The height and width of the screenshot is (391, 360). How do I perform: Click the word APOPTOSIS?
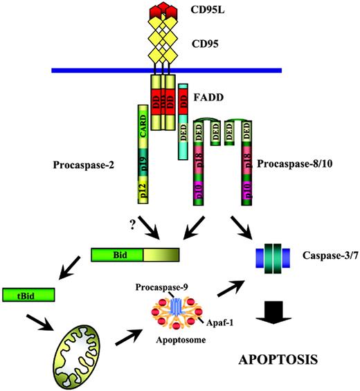pyautogui.click(x=278, y=361)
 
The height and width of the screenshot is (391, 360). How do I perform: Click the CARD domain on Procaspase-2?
pyautogui.click(x=143, y=126)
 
